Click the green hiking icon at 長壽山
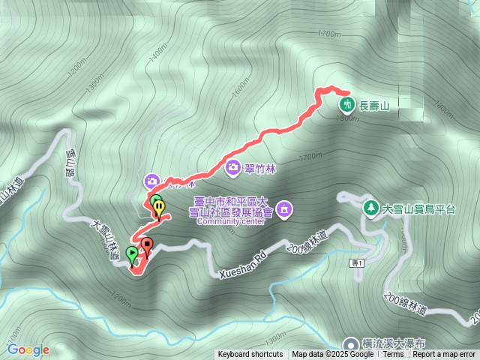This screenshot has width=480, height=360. coord(346,104)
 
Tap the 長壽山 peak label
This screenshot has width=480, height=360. coord(374,106)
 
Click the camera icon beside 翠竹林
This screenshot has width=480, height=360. coord(232,167)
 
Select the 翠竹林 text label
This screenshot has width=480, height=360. coord(260,168)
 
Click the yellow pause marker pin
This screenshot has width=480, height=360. coord(159,208)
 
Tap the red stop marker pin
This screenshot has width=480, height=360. coord(147,245)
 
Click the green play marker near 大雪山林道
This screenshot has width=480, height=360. coord(133,255)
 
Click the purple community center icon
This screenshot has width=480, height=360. coord(284,208)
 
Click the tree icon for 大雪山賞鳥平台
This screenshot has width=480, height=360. coord(369,208)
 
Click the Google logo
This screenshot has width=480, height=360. coord(28,349)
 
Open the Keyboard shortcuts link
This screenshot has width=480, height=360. coord(250,355)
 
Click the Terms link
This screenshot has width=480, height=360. coord(392,355)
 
